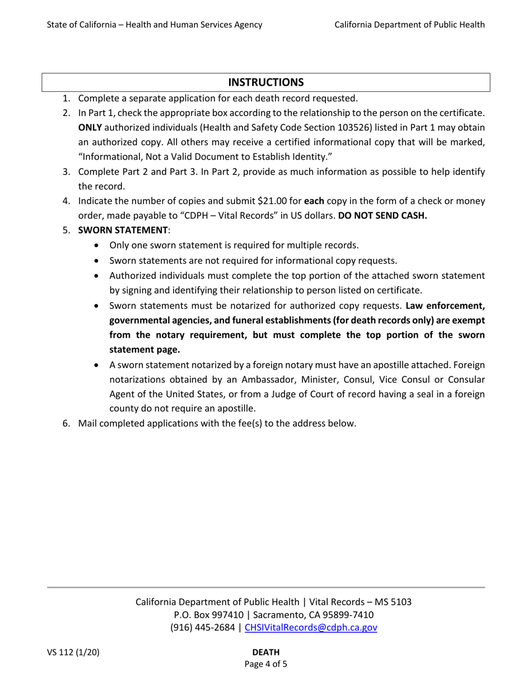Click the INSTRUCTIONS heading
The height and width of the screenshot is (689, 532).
pyautogui.click(x=266, y=82)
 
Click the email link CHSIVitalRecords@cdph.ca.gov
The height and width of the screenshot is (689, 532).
pyautogui.click(x=311, y=627)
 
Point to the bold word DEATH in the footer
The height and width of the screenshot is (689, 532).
pyautogui.click(x=266, y=652)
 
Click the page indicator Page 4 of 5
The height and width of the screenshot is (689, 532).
pyautogui.click(x=266, y=664)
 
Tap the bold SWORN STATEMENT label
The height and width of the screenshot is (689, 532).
pyautogui.click(x=123, y=230)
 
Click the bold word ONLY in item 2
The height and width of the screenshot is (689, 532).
pyautogui.click(x=90, y=128)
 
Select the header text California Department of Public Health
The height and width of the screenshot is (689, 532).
pyautogui.click(x=409, y=24)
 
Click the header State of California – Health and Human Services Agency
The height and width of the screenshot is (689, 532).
pyautogui.click(x=155, y=24)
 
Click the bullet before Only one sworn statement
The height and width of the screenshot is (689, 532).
pyautogui.click(x=99, y=245)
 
